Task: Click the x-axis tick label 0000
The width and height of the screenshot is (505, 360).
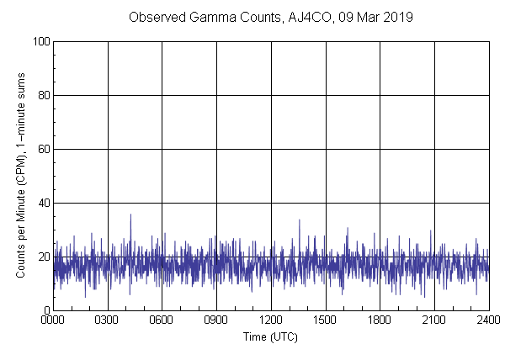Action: pyautogui.click(x=53, y=320)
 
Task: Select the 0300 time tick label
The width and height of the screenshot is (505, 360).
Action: pyautogui.click(x=108, y=320)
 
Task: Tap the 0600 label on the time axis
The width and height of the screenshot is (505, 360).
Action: pyautogui.click(x=162, y=320)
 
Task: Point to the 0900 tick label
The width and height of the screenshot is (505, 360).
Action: pyautogui.click(x=216, y=320)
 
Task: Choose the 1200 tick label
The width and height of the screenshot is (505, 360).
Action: pyautogui.click(x=271, y=320)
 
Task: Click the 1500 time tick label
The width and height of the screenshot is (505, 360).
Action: pyautogui.click(x=326, y=320)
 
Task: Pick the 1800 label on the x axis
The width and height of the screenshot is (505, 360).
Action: pyautogui.click(x=380, y=320)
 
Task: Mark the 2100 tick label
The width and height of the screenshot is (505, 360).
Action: pyautogui.click(x=434, y=320)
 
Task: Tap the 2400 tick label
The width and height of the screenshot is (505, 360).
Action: pyautogui.click(x=488, y=320)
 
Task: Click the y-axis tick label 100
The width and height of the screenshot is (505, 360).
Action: pyautogui.click(x=40, y=41)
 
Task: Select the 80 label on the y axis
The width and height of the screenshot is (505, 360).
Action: pyautogui.click(x=43, y=95)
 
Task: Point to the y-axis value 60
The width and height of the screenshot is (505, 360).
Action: pyautogui.click(x=43, y=149)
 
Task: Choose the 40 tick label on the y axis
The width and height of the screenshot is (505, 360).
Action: pyautogui.click(x=43, y=203)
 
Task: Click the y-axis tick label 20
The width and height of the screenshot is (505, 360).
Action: pyautogui.click(x=43, y=257)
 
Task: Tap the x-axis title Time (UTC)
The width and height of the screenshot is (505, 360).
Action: pyautogui.click(x=270, y=336)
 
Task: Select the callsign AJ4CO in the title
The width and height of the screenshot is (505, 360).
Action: pyautogui.click(x=310, y=17)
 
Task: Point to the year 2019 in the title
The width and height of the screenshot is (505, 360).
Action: pyautogui.click(x=398, y=17)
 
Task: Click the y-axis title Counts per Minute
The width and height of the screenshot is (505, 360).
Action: pyautogui.click(x=20, y=202)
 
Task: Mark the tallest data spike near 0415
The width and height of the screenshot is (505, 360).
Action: pyautogui.click(x=130, y=214)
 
